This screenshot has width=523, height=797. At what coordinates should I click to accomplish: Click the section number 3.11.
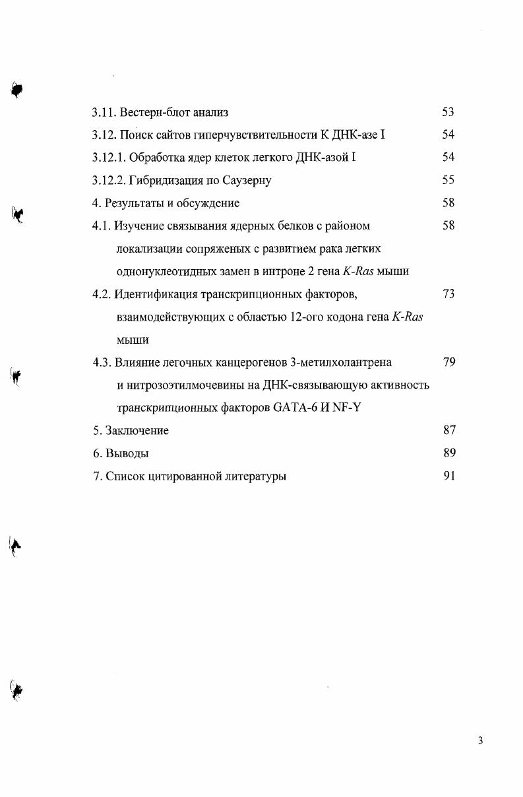pos(104,112)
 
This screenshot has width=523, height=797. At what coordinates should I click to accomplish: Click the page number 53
pos(448,112)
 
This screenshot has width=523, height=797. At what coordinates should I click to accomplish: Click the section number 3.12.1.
pos(109,158)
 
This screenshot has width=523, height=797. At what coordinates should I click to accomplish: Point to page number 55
pos(448,180)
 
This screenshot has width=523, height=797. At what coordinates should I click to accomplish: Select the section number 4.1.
pos(102,226)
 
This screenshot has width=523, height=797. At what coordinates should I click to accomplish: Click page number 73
pos(448,294)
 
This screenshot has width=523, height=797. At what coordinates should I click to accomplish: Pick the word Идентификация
pos(153,294)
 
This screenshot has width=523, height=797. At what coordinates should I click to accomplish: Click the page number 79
pos(448,362)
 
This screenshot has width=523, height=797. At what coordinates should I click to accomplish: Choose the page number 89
pos(448,453)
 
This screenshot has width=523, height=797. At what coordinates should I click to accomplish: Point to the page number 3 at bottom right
pos(480,741)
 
